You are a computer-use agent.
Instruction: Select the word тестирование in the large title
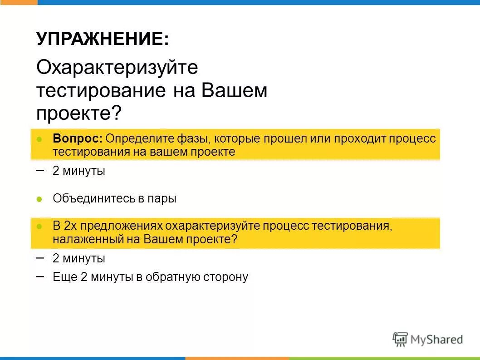point(101,91)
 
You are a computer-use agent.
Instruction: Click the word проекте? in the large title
point(79,113)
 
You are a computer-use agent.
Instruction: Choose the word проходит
point(360,138)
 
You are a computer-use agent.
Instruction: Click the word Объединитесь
point(94,198)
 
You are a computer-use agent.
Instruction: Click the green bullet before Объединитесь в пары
point(39,199)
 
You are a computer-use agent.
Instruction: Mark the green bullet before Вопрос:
point(39,138)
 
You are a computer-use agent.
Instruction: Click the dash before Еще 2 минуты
point(40,276)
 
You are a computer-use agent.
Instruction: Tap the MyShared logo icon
point(400,339)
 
